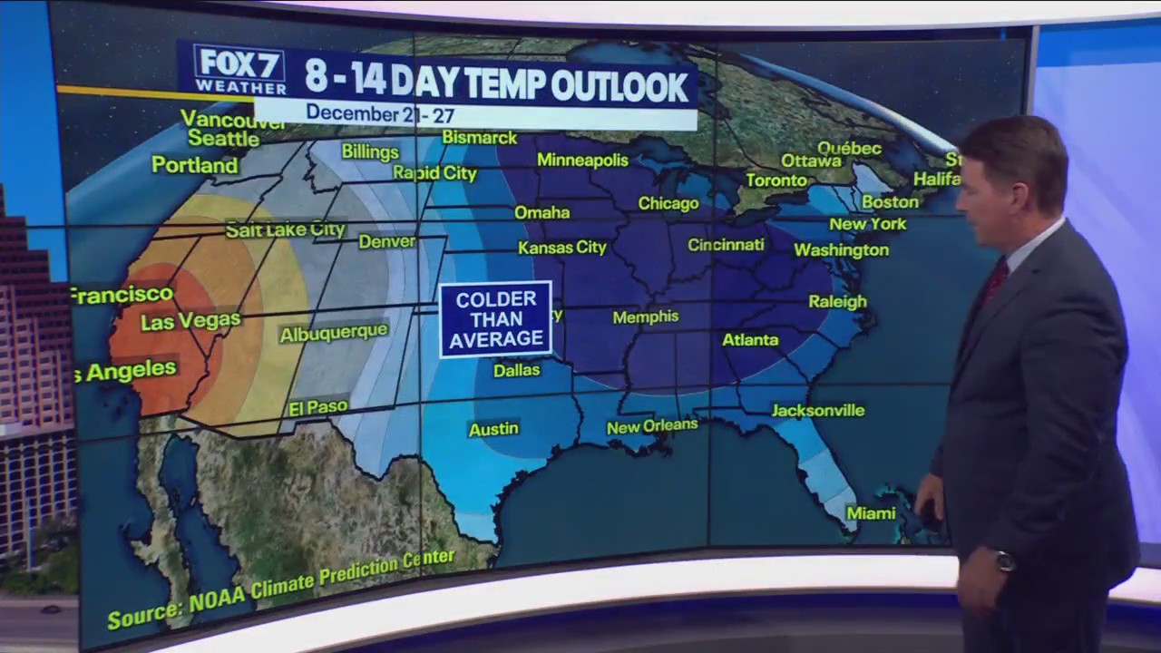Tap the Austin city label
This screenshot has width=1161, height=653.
tap(493, 429)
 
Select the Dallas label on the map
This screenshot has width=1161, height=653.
tap(516, 370)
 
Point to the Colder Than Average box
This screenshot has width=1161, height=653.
tap(495, 319)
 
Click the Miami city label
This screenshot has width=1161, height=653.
tap(871, 513)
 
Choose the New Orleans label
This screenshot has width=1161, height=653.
tap(652, 426)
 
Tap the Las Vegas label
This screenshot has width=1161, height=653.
tap(190, 321)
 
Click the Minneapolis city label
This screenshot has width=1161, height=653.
tap(582, 161)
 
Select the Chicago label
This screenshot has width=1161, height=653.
tap(668, 204)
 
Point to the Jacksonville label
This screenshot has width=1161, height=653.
tap(817, 411)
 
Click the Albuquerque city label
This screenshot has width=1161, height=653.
tap(334, 333)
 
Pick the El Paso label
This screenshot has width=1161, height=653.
tap(318, 408)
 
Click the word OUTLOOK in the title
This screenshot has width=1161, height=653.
tap(620, 86)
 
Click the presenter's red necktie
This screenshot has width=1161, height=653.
tap(994, 281)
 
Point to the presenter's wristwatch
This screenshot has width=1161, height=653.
tap(1004, 560)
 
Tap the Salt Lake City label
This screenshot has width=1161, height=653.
tap(286, 230)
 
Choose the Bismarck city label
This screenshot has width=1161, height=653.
tap(479, 138)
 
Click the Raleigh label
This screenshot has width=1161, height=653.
tap(837, 302)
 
